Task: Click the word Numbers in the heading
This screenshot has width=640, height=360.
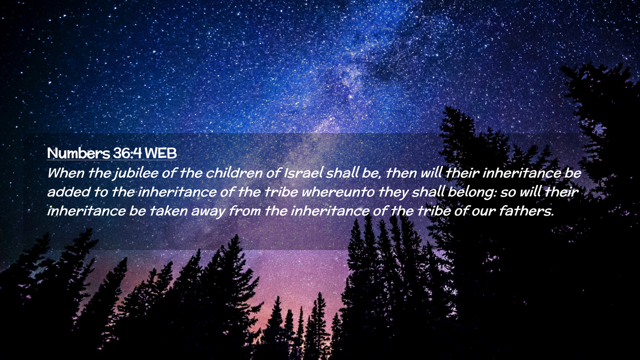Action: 78,153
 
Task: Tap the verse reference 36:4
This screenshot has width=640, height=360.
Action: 127,153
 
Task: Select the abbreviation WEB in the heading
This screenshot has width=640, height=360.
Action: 161,153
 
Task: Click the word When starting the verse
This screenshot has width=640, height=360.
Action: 66,173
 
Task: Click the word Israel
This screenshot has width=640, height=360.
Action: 303,173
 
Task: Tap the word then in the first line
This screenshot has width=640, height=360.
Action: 401,173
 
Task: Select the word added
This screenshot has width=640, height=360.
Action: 69,192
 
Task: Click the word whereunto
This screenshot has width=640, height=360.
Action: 338,192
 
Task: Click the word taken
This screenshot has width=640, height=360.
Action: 168,211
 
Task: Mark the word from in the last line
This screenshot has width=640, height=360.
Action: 245,211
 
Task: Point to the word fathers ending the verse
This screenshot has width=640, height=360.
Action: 526,211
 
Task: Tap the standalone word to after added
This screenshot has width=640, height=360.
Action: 101,192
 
